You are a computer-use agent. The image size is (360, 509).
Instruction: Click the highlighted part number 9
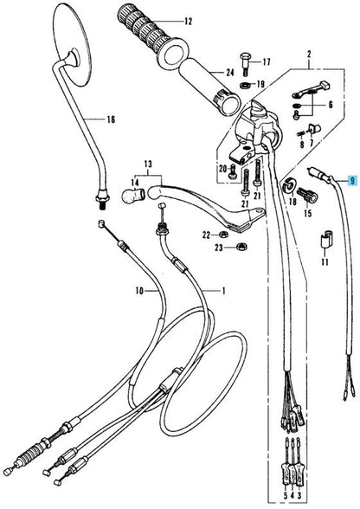352,180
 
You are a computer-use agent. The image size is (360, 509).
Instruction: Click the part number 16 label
111,119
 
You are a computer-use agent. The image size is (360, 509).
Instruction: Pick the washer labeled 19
246,86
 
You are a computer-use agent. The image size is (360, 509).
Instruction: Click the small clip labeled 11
325,240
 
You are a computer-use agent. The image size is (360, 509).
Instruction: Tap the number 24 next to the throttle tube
230,73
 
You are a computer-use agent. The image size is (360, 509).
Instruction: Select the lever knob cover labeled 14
133,194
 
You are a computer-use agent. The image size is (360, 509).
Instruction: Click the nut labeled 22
222,234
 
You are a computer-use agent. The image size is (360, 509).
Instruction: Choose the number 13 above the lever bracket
148,164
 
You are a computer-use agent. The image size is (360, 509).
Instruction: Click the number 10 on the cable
139,291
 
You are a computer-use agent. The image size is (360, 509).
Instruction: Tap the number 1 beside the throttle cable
223,291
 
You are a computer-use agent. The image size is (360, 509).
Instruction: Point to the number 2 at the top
309,55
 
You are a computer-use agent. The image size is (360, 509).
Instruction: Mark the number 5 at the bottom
286,495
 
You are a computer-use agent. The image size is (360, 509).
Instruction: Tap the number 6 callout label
331,105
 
